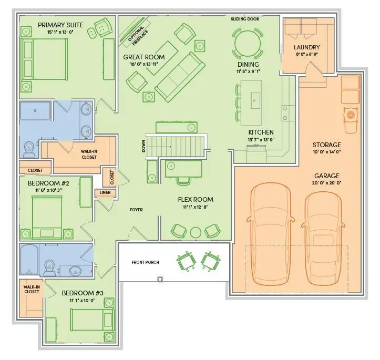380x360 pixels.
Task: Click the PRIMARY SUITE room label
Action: tap(60, 25)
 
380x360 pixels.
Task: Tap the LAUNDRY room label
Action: tap(307, 47)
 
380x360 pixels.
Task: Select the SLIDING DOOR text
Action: tap(245, 19)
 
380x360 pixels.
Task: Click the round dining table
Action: tap(248, 44)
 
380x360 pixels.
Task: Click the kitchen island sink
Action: tap(254, 100)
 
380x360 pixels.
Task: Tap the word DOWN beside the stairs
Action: tap(143, 146)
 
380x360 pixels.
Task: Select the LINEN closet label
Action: tap(105, 192)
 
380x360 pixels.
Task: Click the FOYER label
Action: tap(136, 210)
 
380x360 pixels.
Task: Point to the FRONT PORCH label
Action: tap(146, 262)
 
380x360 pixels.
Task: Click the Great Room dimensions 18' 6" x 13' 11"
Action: tap(144, 64)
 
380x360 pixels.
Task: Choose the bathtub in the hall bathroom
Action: tap(29, 260)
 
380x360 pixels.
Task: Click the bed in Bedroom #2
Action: tap(47, 218)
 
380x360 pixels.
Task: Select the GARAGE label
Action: tap(327, 176)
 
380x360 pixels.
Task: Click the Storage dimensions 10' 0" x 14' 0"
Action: tap(327, 152)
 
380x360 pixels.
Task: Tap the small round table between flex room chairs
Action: tap(196, 232)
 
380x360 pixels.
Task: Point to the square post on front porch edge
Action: tap(160, 279)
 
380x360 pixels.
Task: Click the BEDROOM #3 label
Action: tap(83, 293)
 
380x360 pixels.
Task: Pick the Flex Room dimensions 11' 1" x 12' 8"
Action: tap(196, 207)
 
